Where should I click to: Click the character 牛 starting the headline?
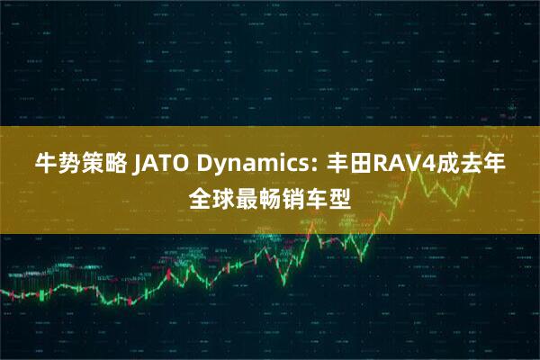click(46, 166)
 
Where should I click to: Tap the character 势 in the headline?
click(70, 166)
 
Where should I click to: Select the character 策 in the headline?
click(94, 166)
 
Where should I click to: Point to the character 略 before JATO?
click(117, 166)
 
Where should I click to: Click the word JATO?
click(161, 166)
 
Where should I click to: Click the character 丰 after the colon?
click(328, 166)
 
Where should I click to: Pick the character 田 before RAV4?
click(352, 166)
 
